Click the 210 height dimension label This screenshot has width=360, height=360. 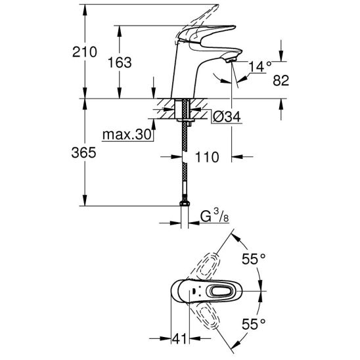click(85, 52)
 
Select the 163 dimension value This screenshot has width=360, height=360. click(120, 62)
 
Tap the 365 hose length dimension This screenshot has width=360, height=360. click(83, 152)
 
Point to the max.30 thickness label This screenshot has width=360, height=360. click(127, 135)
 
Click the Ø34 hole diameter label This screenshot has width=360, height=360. click(227, 117)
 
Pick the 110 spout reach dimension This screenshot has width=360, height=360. click(207, 157)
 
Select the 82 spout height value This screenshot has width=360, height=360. click(281, 81)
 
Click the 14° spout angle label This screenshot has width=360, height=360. click(259, 67)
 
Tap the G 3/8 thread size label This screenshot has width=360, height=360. click(215, 216)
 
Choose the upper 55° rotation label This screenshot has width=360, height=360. click(254, 259)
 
